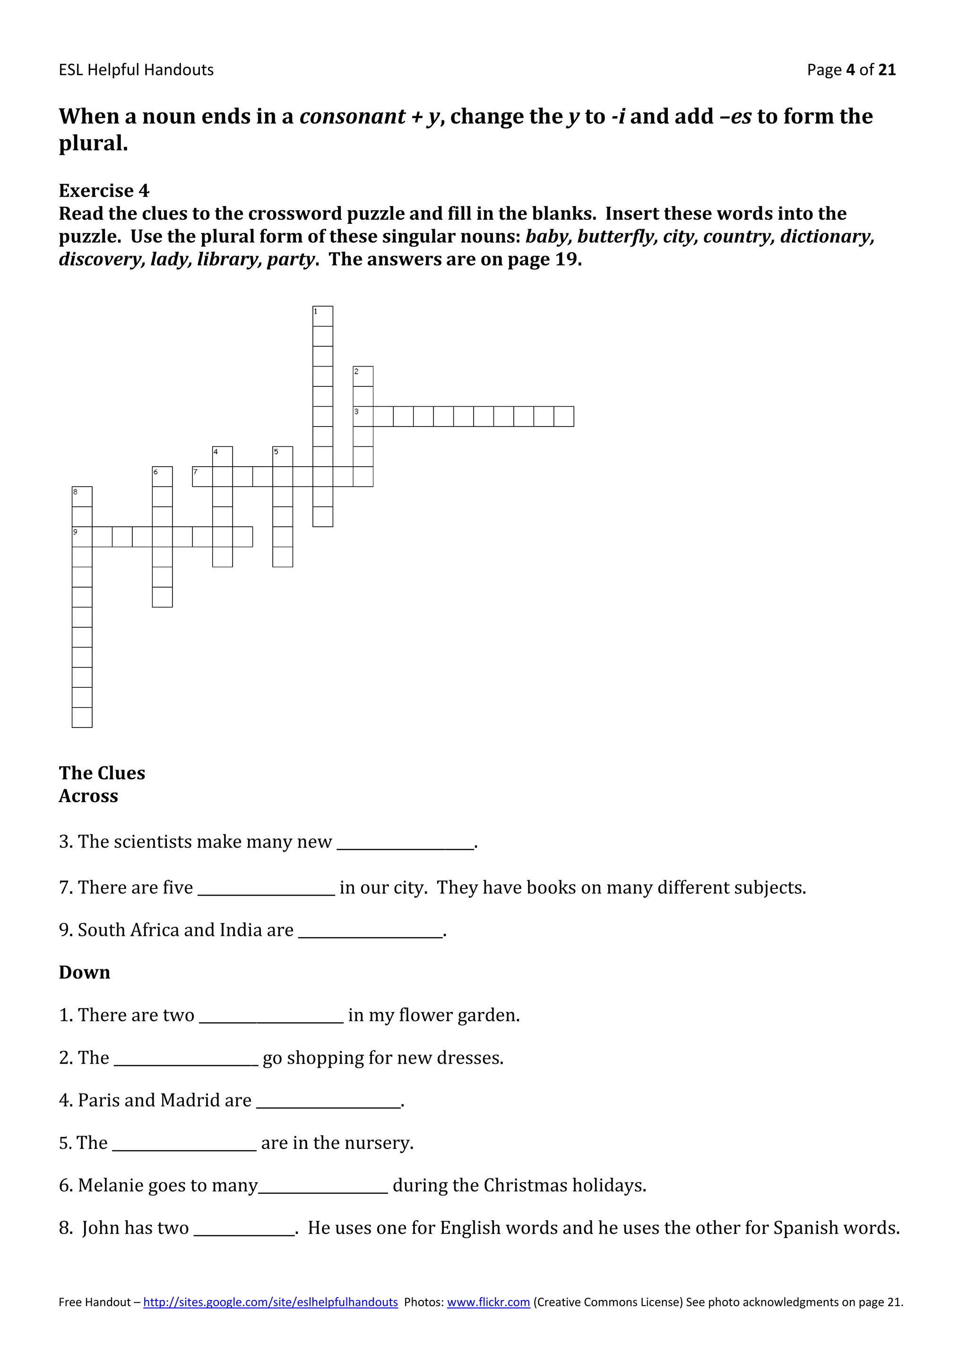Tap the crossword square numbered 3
[363, 417]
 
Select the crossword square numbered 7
[202, 477]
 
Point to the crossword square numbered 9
[82, 537]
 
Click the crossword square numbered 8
[82, 496]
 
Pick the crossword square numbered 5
[283, 456]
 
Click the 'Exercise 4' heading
[104, 191]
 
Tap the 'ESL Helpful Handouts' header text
[136, 70]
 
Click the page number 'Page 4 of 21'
[851, 70]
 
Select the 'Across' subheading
[88, 796]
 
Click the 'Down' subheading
[84, 972]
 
